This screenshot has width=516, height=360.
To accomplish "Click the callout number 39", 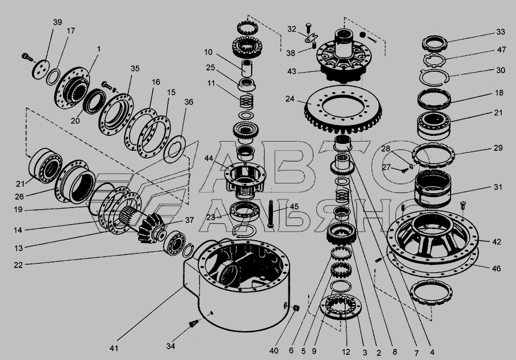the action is [x=57, y=22].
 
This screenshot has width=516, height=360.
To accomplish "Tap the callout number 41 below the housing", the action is [x=114, y=348].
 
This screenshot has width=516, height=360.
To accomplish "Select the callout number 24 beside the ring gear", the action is [x=290, y=99].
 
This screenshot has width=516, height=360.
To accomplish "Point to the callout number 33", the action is [x=501, y=32].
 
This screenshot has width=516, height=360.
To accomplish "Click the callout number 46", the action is [x=497, y=268].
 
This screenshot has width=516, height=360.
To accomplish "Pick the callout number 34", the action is [x=170, y=346].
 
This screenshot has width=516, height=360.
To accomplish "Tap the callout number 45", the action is [x=294, y=206].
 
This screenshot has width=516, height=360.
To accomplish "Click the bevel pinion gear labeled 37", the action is [x=151, y=227].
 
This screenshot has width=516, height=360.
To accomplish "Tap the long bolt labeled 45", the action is [x=271, y=213].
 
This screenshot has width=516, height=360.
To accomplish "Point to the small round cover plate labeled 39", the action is [x=41, y=69].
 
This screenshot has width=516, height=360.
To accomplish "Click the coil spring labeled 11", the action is [x=246, y=100].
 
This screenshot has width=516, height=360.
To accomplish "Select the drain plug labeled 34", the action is [x=193, y=323].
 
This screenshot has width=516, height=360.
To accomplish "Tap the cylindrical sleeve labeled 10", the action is [x=247, y=69].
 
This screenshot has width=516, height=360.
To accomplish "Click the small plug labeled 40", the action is [x=296, y=308].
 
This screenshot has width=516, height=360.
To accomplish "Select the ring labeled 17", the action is [x=53, y=77].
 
